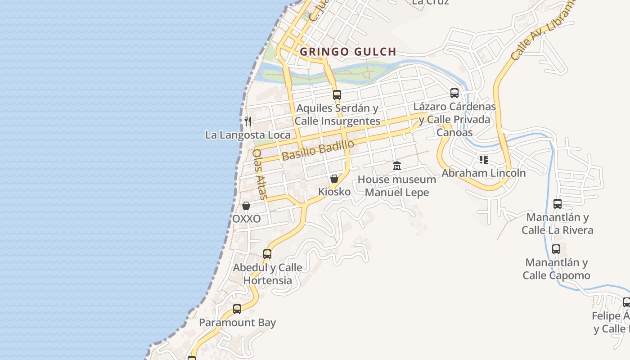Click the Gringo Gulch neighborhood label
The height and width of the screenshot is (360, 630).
(348, 52)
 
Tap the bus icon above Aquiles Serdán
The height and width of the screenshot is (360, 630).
(337, 95)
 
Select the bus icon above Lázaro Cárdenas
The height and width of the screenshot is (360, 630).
(454, 93)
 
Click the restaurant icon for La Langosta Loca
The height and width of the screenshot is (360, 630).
(248, 121)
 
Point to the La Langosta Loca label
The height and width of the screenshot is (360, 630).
(248, 135)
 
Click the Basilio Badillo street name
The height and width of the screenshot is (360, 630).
(318, 150)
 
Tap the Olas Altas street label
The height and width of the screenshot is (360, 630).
(260, 174)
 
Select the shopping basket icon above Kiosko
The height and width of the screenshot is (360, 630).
(334, 179)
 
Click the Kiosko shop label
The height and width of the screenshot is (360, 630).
(334, 192)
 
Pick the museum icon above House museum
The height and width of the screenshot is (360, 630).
(397, 166)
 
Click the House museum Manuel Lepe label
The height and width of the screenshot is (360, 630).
(397, 186)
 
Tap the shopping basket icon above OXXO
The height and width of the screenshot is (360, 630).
(246, 206)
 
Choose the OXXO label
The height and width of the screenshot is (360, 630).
(246, 219)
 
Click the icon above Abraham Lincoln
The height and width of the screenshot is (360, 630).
(484, 159)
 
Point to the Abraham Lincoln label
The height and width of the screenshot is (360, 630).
(484, 173)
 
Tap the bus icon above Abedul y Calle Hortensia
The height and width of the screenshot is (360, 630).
(267, 254)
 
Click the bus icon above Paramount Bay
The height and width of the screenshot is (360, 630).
(237, 309)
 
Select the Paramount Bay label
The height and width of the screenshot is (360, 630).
(237, 323)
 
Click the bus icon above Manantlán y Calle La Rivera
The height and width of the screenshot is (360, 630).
(558, 204)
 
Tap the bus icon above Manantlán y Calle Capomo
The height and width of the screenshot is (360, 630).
(556, 249)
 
